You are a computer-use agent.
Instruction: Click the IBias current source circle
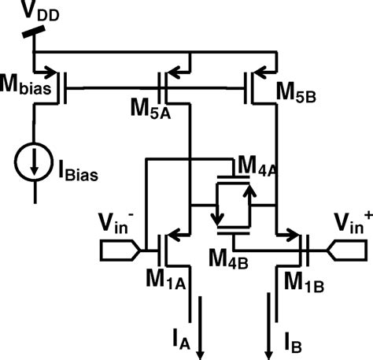(x=34, y=161)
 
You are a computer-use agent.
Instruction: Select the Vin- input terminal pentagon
(x=119, y=251)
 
